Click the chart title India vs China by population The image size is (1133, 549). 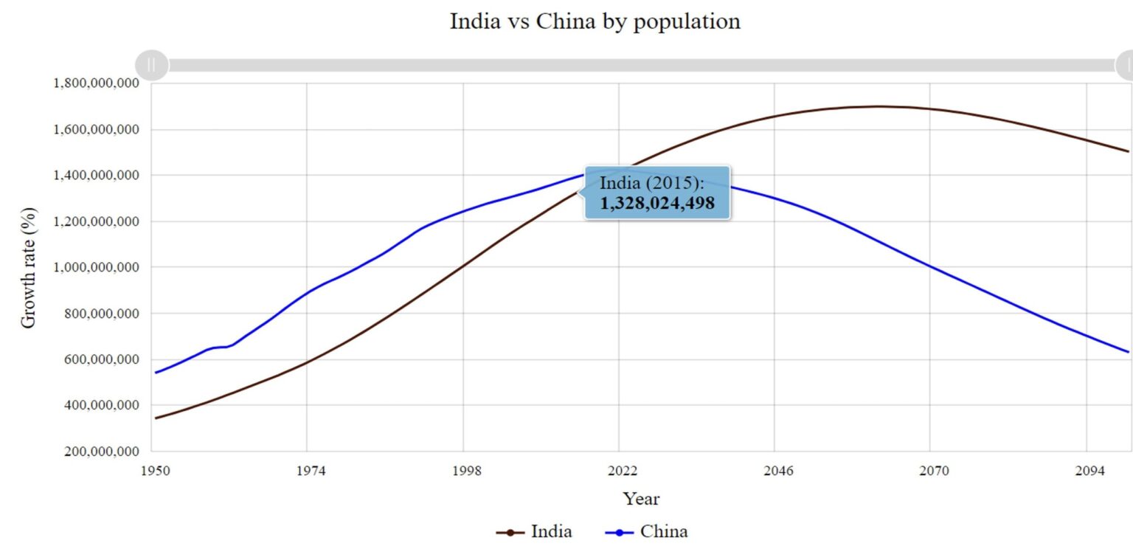click(595, 21)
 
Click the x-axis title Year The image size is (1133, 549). click(640, 499)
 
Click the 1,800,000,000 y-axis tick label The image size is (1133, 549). click(96, 83)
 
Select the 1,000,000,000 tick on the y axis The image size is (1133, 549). click(96, 267)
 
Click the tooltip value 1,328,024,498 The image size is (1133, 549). click(656, 203)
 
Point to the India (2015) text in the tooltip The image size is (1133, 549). click(652, 183)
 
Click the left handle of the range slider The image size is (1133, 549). click(152, 65)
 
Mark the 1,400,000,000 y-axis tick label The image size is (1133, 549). click(96, 176)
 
